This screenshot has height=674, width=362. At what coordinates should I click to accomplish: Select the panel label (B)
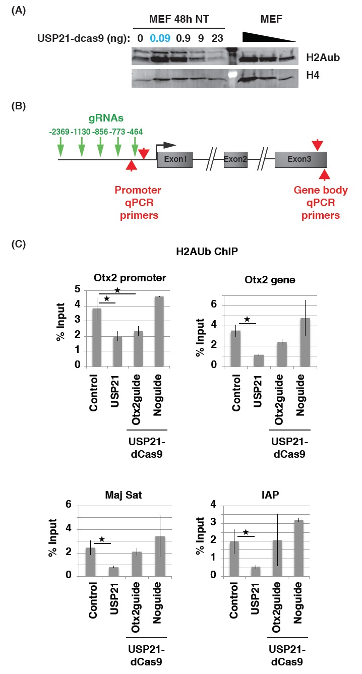(x=18, y=107)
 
